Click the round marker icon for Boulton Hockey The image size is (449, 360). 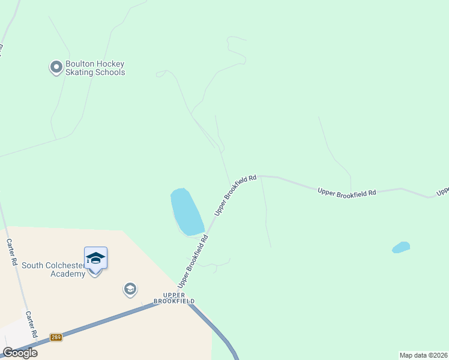click(56, 67)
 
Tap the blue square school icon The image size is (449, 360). click(95, 258)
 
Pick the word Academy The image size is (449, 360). click(68, 274)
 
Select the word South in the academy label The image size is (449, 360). click(33, 265)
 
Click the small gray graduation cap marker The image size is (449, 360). click(130, 290)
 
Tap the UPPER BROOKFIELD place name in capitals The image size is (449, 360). click(174, 298)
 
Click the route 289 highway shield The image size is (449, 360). click(56, 337)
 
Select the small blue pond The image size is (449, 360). click(401, 247)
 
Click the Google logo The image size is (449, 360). click(20, 353)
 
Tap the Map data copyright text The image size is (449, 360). click(424, 355)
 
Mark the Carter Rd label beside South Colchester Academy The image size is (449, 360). click(11, 252)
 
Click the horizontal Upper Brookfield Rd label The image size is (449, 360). click(346, 192)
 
